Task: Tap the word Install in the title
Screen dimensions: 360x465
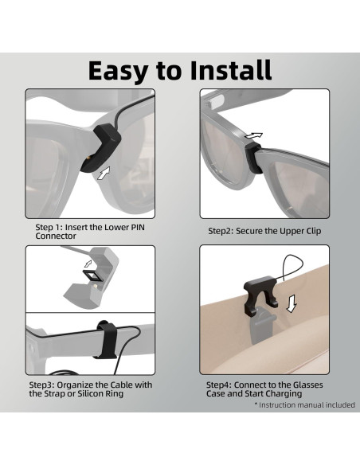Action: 231,70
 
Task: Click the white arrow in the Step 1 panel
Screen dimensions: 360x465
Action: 104,173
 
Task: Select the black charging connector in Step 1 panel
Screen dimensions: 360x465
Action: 100,147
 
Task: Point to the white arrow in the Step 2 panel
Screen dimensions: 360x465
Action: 253,136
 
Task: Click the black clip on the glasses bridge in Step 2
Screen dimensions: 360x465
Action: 253,157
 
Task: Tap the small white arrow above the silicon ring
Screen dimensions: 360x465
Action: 88,263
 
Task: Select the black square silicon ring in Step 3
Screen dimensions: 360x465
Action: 92,276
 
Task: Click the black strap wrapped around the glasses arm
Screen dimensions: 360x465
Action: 106,339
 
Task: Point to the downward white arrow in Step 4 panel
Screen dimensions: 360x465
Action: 292,303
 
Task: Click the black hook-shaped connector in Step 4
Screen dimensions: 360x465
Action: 261,294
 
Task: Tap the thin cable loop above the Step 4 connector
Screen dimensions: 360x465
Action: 292,268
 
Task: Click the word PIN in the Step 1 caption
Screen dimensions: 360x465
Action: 137,228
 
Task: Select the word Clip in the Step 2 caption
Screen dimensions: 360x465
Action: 312,231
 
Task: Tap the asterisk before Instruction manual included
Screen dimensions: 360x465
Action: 256,404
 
